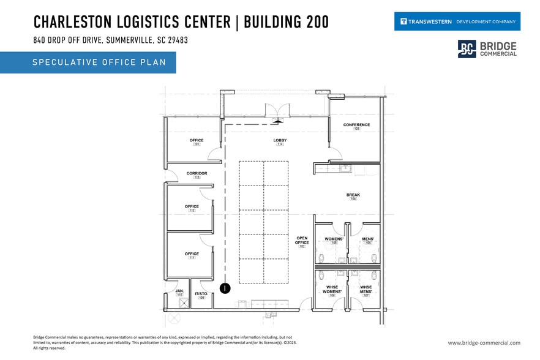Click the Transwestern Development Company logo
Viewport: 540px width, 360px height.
coord(457,21)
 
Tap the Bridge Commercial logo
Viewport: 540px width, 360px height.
coord(487,50)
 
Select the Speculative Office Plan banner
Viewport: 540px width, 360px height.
coord(88,62)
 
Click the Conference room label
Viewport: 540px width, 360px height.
coord(356,126)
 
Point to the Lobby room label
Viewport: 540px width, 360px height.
coord(280,141)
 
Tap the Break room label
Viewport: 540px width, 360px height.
coord(353,197)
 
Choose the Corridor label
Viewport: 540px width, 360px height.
coord(197,174)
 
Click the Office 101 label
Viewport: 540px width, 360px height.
coord(197,141)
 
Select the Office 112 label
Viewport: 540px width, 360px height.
coord(192,208)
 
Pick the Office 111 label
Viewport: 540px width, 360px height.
coord(192,255)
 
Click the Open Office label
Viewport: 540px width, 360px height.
coord(302,242)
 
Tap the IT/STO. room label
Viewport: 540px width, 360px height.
coord(201,295)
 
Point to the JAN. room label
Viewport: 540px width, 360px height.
coord(179,292)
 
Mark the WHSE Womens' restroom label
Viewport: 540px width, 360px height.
coord(332,291)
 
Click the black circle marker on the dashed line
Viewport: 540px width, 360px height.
coord(225,287)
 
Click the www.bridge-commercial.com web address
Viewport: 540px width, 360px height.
coord(484,343)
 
